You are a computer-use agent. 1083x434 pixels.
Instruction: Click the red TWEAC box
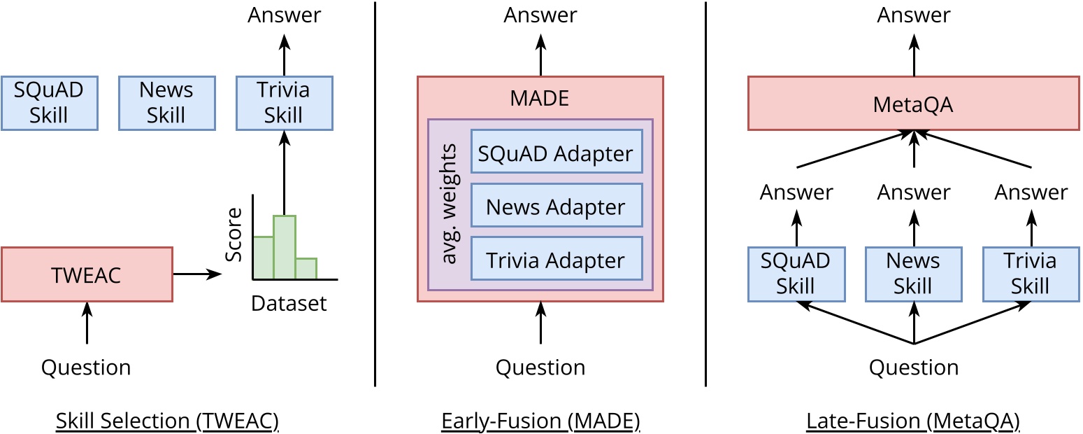(x=87, y=274)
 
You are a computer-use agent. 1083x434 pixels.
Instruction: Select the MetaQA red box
(x=913, y=104)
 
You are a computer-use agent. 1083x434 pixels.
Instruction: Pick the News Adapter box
(x=556, y=205)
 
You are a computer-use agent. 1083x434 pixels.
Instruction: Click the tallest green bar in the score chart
(x=285, y=246)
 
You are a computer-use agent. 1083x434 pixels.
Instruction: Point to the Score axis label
(x=235, y=234)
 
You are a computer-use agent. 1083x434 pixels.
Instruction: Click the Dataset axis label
(x=289, y=304)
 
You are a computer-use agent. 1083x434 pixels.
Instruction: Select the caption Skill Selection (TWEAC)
(x=167, y=421)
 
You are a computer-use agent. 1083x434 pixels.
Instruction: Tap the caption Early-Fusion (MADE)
(x=540, y=421)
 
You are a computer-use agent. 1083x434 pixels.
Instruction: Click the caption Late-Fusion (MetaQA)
(x=913, y=421)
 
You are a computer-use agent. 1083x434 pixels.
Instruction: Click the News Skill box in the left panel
(x=166, y=103)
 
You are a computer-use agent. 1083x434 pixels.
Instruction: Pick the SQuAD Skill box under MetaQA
(x=796, y=274)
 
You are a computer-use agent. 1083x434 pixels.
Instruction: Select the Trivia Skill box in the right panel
(x=1031, y=274)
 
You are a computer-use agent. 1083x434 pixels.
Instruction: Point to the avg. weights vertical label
(x=450, y=204)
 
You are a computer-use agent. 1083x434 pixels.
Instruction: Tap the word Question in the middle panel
(x=540, y=367)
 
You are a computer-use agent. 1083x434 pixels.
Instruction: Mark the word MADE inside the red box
(x=540, y=98)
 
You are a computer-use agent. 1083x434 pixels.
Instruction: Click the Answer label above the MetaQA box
(x=913, y=15)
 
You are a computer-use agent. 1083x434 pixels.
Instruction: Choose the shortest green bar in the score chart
(x=306, y=268)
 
